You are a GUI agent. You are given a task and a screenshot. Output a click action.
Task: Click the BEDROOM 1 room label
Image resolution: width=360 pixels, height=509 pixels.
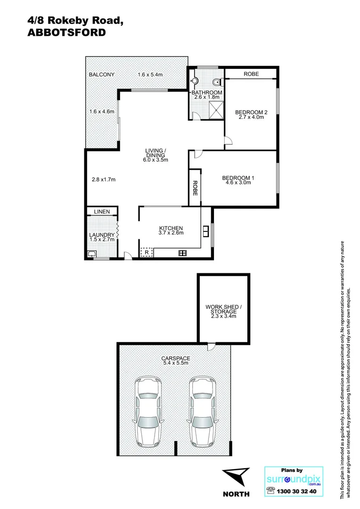click(x=238, y=178)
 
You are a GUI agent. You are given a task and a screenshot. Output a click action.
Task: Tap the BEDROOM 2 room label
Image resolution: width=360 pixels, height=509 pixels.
click(x=251, y=112)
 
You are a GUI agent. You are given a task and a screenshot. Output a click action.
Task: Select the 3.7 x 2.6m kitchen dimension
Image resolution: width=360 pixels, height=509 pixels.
click(x=171, y=232)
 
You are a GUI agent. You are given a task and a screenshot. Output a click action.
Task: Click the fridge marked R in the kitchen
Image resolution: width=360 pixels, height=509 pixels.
click(x=147, y=253)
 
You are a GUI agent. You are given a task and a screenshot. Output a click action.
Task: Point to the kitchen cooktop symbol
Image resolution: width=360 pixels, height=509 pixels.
click(x=182, y=253)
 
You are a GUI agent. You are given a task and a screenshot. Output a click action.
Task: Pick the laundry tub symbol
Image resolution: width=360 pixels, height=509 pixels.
click(x=92, y=254)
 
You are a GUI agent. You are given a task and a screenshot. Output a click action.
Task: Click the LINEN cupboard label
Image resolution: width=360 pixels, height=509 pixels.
click(x=101, y=212)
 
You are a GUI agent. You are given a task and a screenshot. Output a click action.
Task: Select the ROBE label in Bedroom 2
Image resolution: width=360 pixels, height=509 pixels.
click(x=250, y=74)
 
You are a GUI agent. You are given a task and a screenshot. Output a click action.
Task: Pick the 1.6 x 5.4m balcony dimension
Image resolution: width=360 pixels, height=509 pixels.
click(x=150, y=74)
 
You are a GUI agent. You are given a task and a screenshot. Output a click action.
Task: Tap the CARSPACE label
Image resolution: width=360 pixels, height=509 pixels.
click(x=174, y=358)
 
